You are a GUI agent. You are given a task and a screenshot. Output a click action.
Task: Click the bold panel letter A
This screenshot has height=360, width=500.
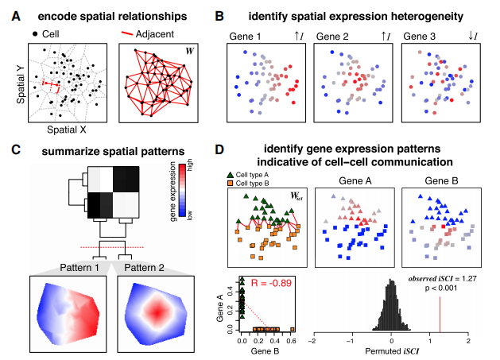(13, 14)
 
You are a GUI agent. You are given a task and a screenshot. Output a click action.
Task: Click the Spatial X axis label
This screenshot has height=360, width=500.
(66, 129)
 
